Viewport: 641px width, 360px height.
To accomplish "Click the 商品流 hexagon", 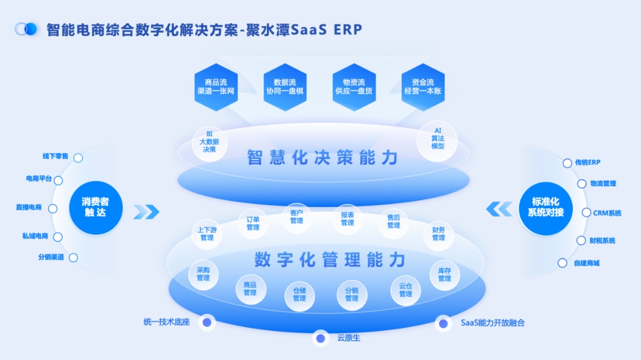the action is tap(216, 87).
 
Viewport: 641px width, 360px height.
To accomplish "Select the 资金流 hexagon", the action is tap(423, 87).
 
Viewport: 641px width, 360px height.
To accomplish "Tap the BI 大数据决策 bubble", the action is tap(210, 142).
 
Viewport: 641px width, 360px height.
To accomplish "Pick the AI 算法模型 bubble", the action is tap(437, 139).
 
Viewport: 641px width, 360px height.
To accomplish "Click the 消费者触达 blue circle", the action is tap(96, 208).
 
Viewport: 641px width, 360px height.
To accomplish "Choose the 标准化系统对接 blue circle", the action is tap(546, 208).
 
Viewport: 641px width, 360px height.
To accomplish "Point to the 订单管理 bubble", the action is tap(253, 224).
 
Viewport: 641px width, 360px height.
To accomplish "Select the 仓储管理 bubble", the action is tap(299, 295).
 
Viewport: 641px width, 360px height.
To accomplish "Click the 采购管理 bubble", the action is tap(203, 275).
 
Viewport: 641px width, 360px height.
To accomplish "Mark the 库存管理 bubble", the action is tap(445, 275).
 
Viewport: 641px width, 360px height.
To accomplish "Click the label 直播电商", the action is tap(28, 208).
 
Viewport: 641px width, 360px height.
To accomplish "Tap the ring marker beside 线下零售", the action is tap(78, 158).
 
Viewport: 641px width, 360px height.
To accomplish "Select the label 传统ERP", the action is tap(588, 163).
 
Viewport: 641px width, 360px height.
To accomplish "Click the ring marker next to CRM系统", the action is tap(586, 213).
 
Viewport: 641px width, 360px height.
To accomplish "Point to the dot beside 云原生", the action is tap(320, 338).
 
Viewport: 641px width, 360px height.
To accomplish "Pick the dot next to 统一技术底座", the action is tap(207, 323).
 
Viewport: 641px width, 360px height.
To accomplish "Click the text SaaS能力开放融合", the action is tap(493, 323).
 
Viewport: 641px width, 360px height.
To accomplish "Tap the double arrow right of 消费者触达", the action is tap(146, 212).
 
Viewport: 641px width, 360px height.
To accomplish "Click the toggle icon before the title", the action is tap(26, 29).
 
